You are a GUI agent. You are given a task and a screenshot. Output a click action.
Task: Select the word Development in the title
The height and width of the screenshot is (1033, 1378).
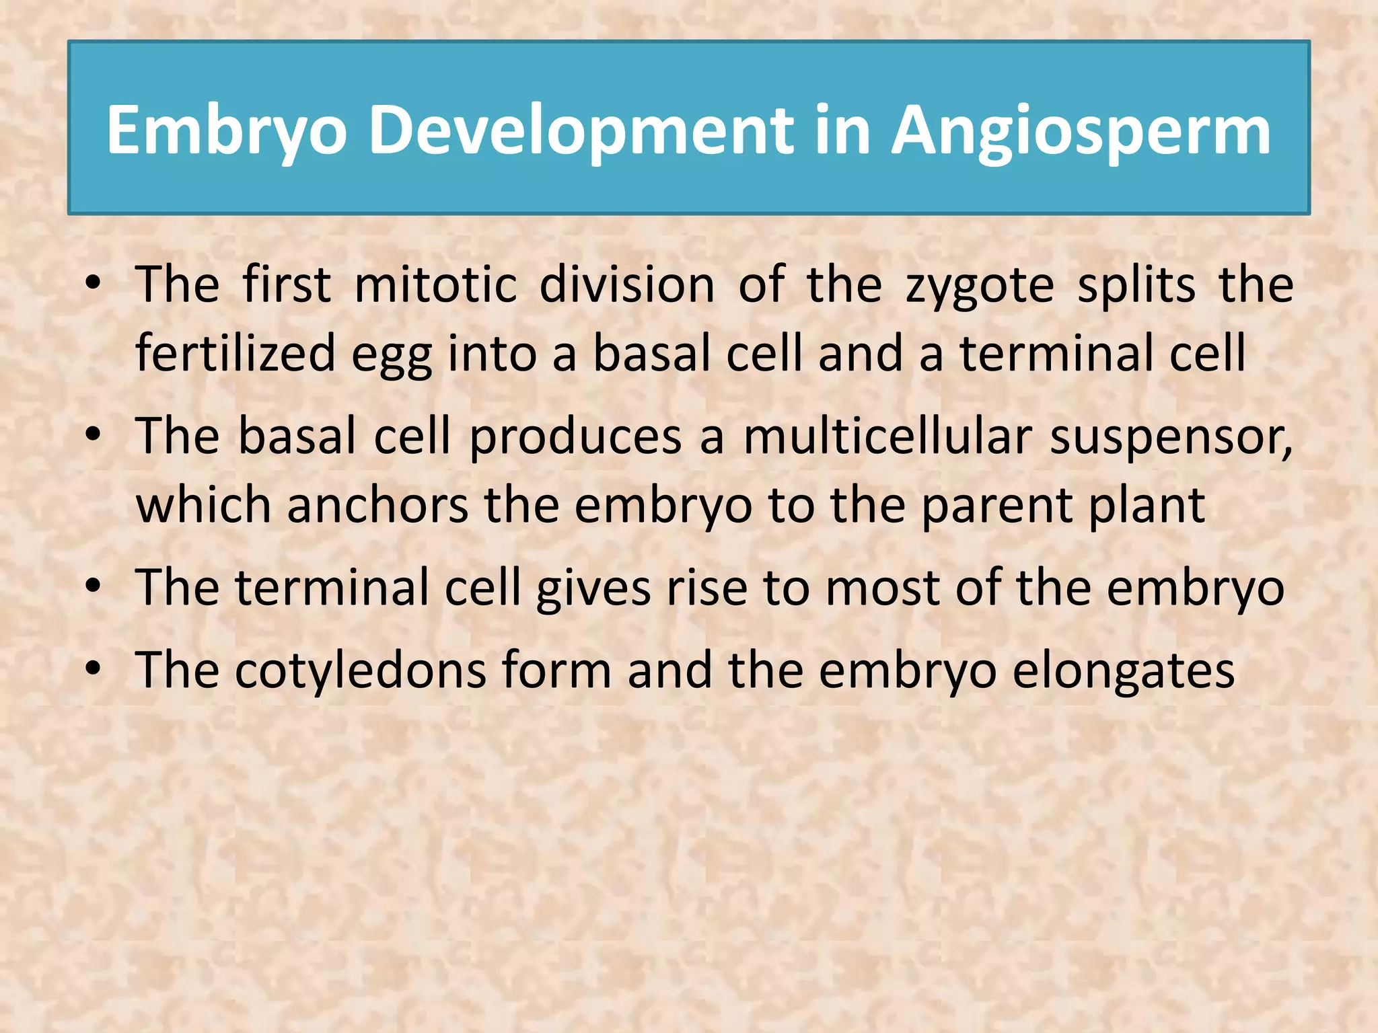[x=581, y=131]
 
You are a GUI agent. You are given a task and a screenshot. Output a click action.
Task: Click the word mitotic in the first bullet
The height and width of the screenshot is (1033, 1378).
[x=435, y=285]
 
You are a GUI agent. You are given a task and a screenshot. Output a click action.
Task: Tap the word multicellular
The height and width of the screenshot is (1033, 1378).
[x=887, y=436]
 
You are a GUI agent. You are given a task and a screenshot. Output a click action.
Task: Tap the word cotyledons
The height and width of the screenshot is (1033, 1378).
[x=360, y=671]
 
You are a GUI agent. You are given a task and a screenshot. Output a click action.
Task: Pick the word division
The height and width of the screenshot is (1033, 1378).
[x=626, y=285]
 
